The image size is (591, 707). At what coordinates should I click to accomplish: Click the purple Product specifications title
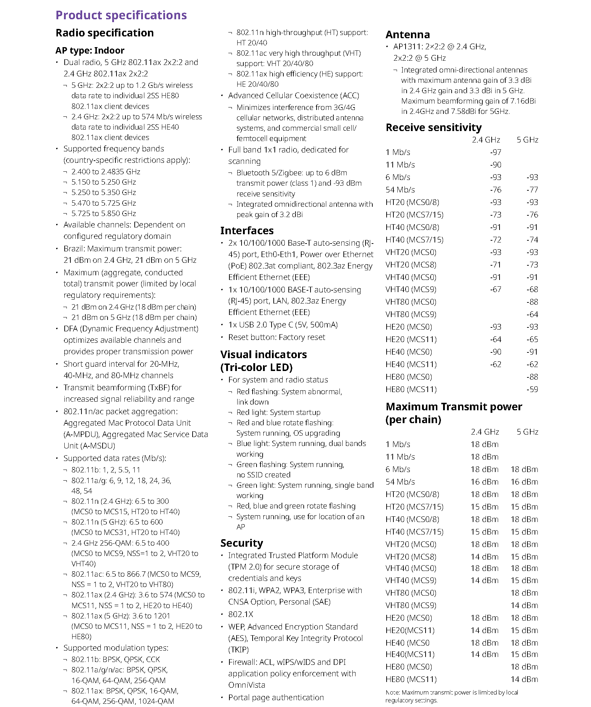tap(121, 15)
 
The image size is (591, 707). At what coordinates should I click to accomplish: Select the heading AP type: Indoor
tap(90, 50)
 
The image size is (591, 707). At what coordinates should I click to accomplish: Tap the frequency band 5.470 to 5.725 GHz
tap(104, 203)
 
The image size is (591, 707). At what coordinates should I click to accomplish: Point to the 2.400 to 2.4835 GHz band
tap(106, 171)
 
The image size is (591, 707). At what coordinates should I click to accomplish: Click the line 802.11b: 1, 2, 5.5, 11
tap(106, 470)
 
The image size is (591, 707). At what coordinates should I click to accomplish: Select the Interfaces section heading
tap(247, 230)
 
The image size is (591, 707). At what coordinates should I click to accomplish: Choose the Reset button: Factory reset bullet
tap(277, 337)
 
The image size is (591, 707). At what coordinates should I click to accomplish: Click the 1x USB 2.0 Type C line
tap(283, 325)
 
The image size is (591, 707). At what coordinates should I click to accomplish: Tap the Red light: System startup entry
tap(278, 412)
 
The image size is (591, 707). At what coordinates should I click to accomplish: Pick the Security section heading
tap(242, 543)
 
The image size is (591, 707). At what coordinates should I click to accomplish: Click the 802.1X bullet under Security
tap(240, 614)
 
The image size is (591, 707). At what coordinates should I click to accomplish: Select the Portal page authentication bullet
tap(276, 697)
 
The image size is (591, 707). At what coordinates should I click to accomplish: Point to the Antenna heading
tap(408, 35)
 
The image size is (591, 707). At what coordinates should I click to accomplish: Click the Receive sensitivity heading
tap(433, 127)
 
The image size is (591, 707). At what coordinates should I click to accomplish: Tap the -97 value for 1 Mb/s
tap(496, 152)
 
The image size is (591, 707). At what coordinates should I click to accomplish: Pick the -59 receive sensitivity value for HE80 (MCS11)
tap(532, 389)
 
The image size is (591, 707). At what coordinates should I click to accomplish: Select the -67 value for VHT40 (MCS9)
tap(496, 289)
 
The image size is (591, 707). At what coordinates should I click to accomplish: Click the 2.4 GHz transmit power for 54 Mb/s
tap(484, 482)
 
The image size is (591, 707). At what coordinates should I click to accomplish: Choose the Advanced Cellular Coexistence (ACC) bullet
tap(293, 95)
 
